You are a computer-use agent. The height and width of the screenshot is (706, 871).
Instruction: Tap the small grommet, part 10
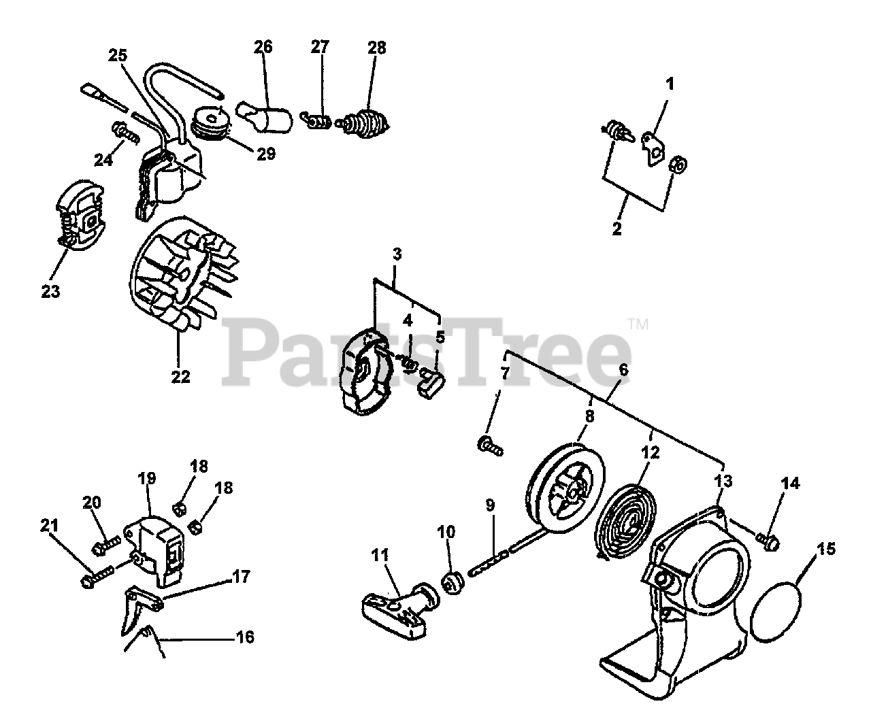tap(452, 582)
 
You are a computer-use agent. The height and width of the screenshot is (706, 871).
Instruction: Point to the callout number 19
tap(146, 478)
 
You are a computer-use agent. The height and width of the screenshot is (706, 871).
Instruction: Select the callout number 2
tap(617, 229)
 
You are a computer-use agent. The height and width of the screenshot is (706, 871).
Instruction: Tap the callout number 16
tap(244, 637)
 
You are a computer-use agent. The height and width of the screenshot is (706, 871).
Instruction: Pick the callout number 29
tap(266, 154)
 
